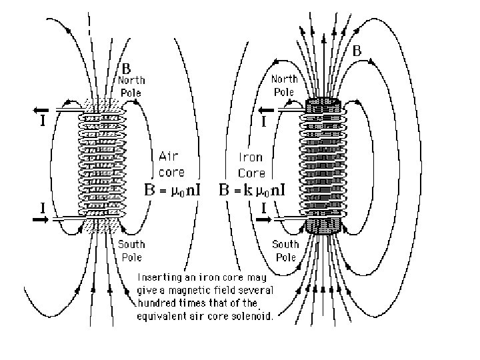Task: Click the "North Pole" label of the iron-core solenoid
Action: click(x=284, y=85)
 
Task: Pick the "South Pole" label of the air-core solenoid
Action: click(x=131, y=249)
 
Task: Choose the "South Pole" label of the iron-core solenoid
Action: click(x=285, y=251)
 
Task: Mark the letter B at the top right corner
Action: click(x=357, y=50)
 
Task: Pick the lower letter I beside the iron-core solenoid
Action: click(x=265, y=207)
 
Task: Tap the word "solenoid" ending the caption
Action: click(x=253, y=317)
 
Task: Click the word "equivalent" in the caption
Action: click(x=165, y=317)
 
